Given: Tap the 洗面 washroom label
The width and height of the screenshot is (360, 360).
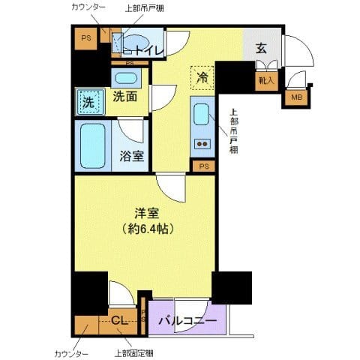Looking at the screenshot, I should click(124, 97).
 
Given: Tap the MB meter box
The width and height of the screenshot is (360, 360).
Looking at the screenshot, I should click(296, 96).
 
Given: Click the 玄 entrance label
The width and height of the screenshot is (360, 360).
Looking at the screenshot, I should click(260, 49).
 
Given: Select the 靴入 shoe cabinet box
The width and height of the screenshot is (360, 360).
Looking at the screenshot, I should click(265, 79).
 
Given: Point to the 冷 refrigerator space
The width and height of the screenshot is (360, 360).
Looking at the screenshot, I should click(202, 77).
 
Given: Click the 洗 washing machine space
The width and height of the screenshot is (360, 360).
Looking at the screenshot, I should click(88, 102).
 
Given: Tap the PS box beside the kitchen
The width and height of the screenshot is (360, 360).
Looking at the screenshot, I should click(205, 166).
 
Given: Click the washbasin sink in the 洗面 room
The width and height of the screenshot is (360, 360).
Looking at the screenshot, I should click(124, 78).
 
